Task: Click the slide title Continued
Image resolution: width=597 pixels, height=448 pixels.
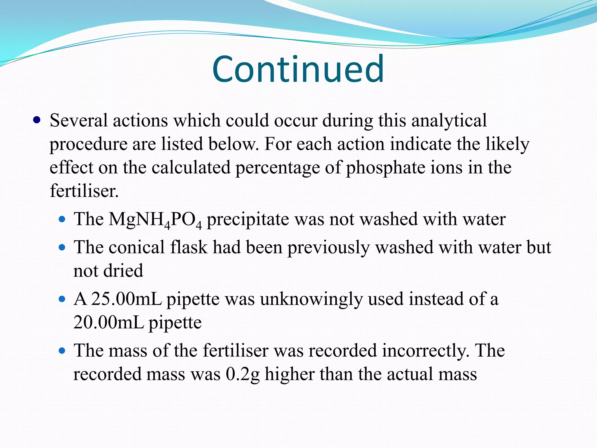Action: [298, 69]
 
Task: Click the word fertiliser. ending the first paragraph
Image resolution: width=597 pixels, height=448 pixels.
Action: [84, 191]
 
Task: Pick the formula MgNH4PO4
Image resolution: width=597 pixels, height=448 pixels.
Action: [155, 219]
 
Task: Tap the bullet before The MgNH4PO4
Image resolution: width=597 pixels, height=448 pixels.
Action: [62, 219]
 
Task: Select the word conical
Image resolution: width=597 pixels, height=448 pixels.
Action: [137, 247]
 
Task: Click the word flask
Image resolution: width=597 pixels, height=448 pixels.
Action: [189, 247]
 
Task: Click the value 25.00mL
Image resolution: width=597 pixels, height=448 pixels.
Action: [126, 299]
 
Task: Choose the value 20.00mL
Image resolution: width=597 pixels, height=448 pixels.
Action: [109, 322]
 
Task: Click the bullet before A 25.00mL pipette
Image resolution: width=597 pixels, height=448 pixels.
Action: [62, 299]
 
